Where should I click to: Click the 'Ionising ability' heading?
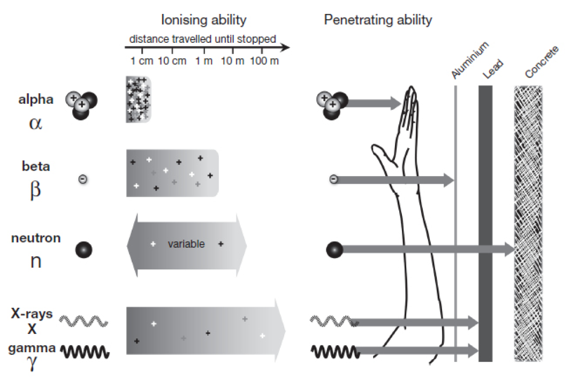(x=204, y=20)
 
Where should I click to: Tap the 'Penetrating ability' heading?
(x=378, y=20)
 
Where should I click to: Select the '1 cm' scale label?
(x=141, y=61)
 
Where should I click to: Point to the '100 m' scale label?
(x=264, y=61)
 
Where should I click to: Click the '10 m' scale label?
(x=232, y=61)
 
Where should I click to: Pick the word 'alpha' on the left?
(x=36, y=100)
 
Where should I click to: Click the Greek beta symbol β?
(x=35, y=190)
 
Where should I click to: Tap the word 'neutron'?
(x=36, y=238)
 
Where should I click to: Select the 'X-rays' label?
(x=32, y=314)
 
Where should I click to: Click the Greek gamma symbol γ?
(x=32, y=363)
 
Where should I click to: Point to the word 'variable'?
(x=186, y=244)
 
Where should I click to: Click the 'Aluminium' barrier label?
(x=470, y=60)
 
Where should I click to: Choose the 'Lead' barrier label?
(x=493, y=69)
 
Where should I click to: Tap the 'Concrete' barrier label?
(x=542, y=62)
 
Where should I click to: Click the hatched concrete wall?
(x=528, y=223)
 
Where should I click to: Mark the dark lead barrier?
(x=485, y=223)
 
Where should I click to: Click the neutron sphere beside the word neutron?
(x=83, y=250)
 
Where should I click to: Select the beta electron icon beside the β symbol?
(x=83, y=179)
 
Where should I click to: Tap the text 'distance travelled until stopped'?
(x=202, y=39)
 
